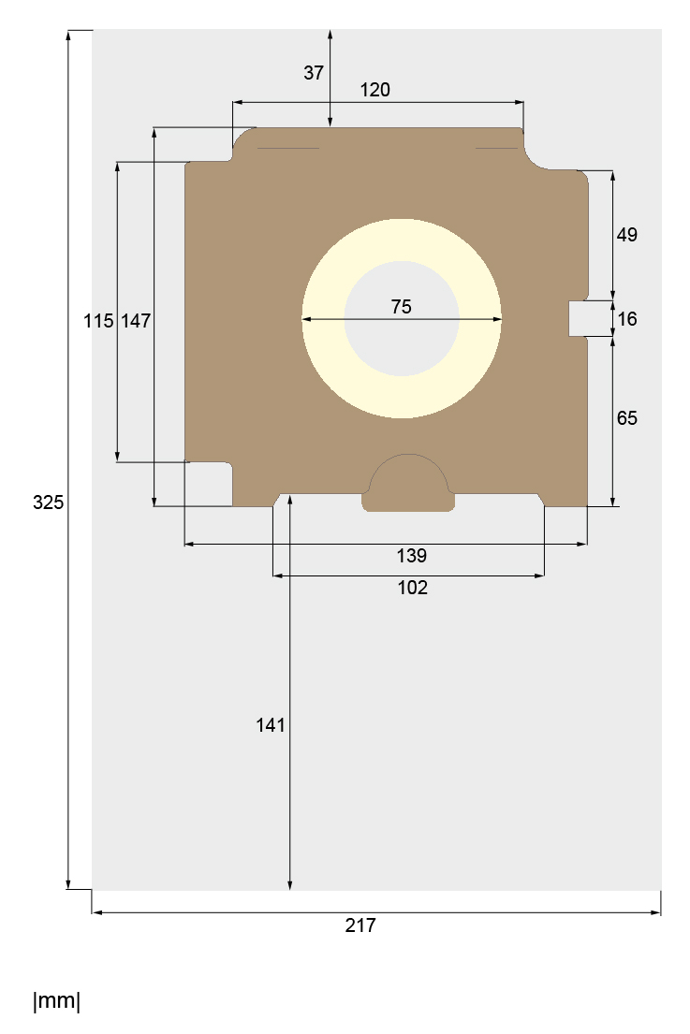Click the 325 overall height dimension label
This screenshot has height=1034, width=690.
(x=48, y=502)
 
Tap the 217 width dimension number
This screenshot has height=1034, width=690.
(x=360, y=925)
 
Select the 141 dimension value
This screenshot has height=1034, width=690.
(x=271, y=725)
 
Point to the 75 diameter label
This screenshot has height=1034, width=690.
(x=401, y=307)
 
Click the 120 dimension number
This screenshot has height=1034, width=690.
(x=374, y=90)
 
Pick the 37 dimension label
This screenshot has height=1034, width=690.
(x=314, y=73)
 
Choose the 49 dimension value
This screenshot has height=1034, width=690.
(x=626, y=235)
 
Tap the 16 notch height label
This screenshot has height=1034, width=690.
(x=626, y=319)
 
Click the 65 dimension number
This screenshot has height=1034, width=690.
(x=626, y=418)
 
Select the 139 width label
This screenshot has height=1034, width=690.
(x=412, y=556)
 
